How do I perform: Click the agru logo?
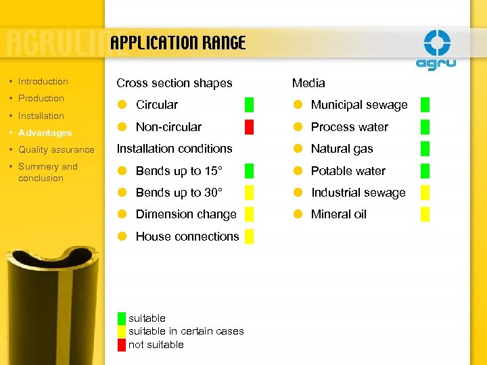pyautogui.click(x=436, y=51)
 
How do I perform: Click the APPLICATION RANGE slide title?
pyautogui.click(x=178, y=44)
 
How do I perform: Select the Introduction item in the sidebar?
pyautogui.click(x=43, y=82)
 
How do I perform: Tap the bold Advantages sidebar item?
pyautogui.click(x=45, y=132)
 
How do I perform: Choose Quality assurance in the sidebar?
pyautogui.click(x=56, y=149)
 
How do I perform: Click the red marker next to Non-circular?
pyautogui.click(x=249, y=126)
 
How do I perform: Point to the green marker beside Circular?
pyautogui.click(x=249, y=105)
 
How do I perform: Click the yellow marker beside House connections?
pyautogui.click(x=249, y=236)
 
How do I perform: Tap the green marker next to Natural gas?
pyautogui.click(x=425, y=149)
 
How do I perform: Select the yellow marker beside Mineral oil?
pyautogui.click(x=425, y=214)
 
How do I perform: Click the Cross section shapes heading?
pyautogui.click(x=174, y=83)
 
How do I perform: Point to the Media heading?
pyautogui.click(x=308, y=83)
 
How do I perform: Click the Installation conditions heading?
pyautogui.click(x=174, y=149)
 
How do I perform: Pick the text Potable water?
pyautogui.click(x=348, y=171)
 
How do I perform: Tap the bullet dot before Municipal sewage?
pyautogui.click(x=297, y=105)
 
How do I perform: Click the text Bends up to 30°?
pyautogui.click(x=179, y=193)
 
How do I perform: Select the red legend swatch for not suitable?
pyautogui.click(x=121, y=345)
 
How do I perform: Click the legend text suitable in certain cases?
pyautogui.click(x=186, y=331)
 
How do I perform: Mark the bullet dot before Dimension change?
pyautogui.click(x=122, y=214)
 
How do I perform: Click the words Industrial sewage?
pyautogui.click(x=358, y=193)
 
